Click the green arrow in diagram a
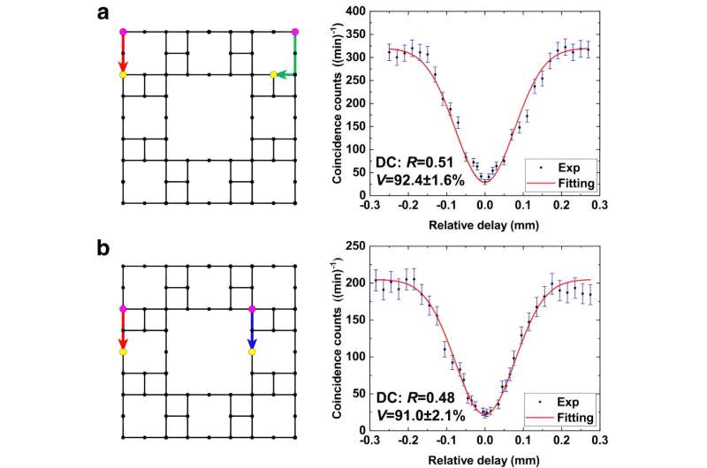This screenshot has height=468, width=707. click(285, 75)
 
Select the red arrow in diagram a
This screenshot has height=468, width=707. click(123, 56)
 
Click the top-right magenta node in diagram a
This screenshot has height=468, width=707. click(294, 32)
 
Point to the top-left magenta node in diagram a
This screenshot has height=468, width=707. click(123, 32)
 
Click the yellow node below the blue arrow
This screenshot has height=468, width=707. click(252, 352)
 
